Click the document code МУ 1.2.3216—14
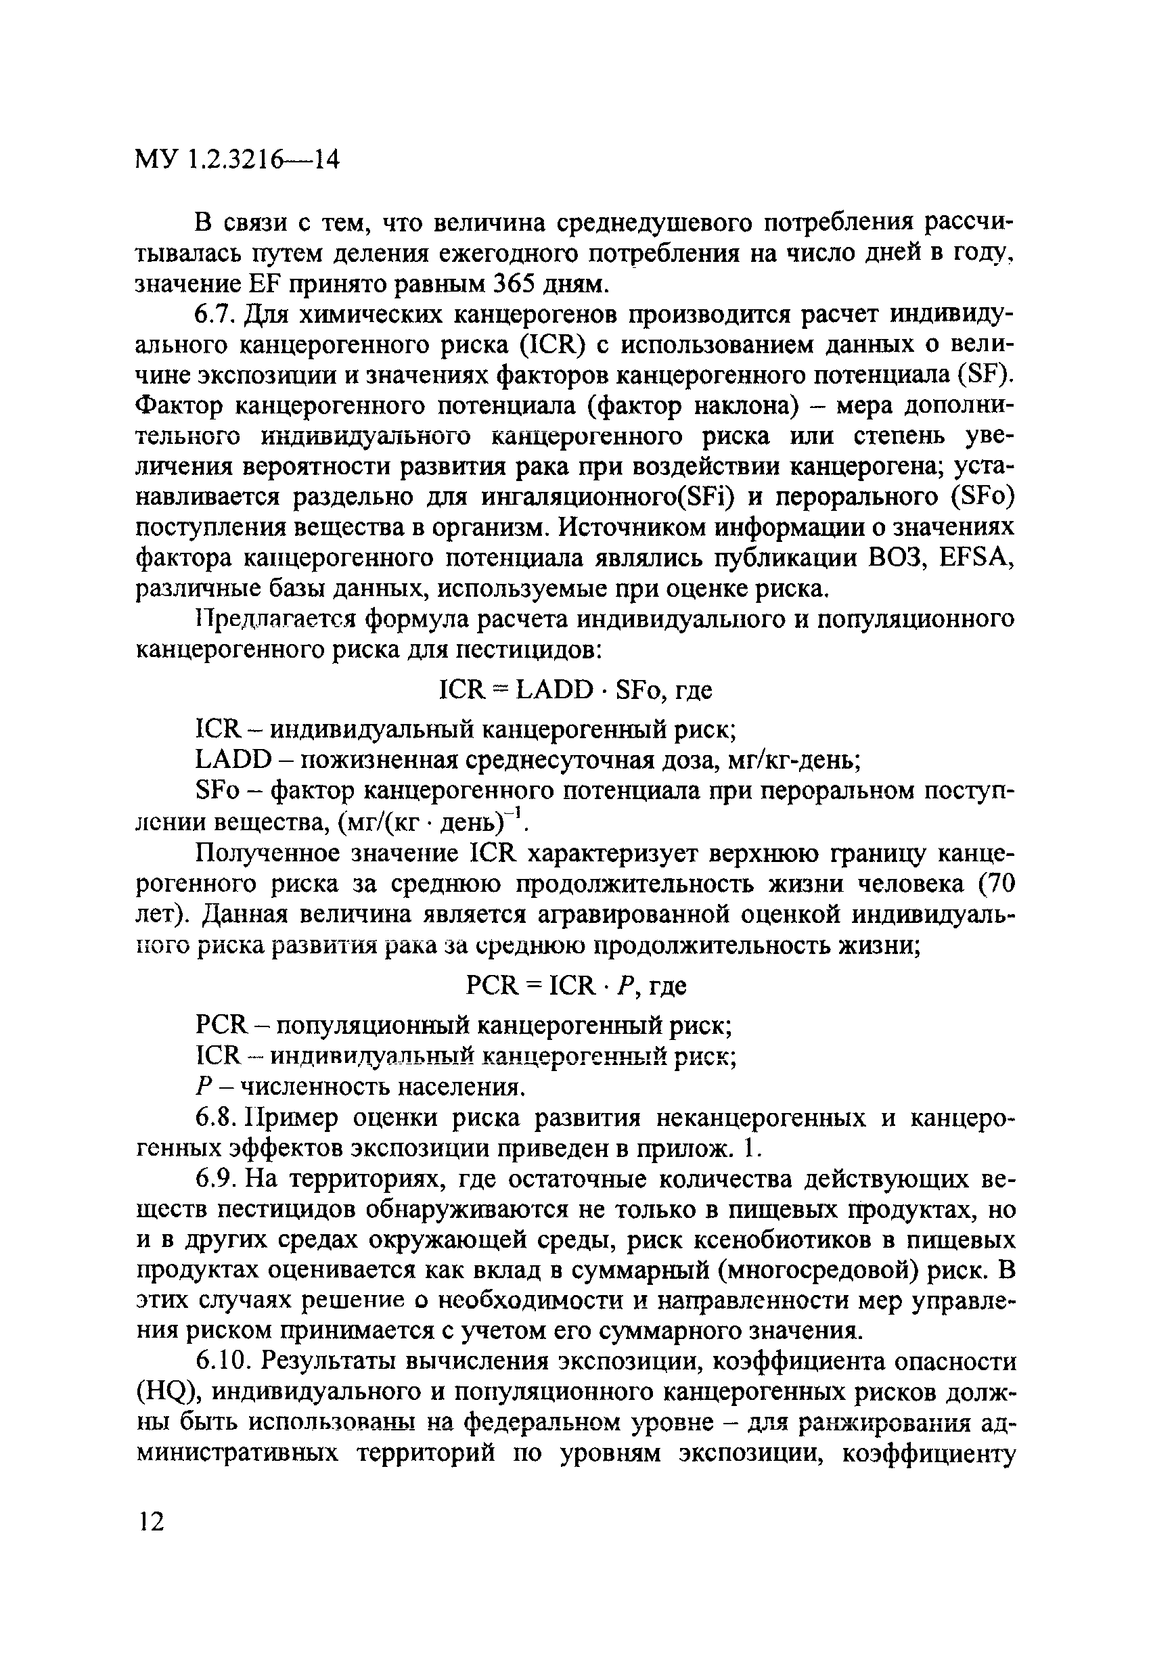237,160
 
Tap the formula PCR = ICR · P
556,986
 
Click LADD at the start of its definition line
233,760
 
